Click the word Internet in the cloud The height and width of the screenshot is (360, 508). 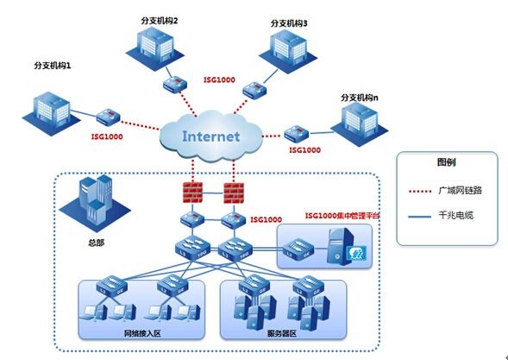211,136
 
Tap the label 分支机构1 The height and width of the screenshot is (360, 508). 52,66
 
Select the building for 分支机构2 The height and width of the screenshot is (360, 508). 155,48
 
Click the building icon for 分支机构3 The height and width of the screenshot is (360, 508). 288,51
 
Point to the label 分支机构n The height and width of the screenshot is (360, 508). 360,98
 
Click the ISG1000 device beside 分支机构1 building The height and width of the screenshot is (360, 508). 108,117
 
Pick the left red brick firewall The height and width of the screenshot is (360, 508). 192,193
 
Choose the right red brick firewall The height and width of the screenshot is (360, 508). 234,193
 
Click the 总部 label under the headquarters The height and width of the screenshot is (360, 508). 97,243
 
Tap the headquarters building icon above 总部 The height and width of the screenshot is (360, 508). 95,201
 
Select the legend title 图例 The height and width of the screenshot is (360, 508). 447,162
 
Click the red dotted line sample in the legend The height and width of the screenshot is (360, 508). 419,192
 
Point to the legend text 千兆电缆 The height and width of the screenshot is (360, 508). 456,215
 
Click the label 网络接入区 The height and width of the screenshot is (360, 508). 142,333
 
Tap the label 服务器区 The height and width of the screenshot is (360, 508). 282,333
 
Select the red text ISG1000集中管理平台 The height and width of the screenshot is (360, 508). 342,216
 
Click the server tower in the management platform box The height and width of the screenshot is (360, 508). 340,246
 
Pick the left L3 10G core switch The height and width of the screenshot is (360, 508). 192,247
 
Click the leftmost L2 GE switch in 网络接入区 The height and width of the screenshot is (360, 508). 112,286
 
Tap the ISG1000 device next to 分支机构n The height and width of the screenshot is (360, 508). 297,134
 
